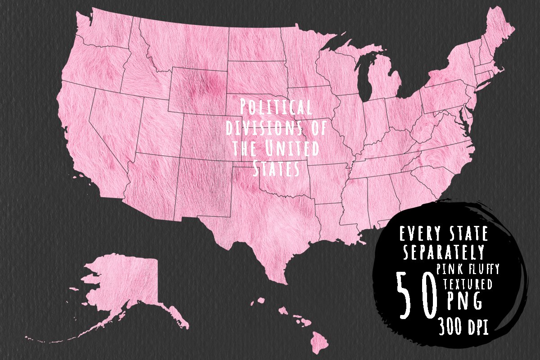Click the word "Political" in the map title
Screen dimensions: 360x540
275,108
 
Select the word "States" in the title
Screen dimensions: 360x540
276,169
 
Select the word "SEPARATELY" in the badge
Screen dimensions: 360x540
444,253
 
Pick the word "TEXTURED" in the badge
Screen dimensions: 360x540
468,284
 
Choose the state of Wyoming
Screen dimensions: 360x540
198,90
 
